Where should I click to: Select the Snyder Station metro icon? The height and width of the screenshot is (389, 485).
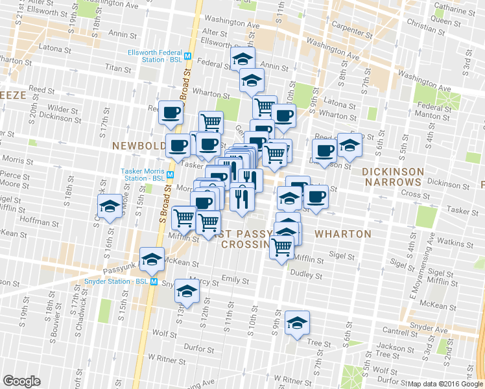pyautogui.click(x=154, y=281)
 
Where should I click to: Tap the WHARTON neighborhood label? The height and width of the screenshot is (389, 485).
pyautogui.click(x=343, y=233)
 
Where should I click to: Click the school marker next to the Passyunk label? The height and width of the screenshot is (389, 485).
pyautogui.click(x=152, y=259)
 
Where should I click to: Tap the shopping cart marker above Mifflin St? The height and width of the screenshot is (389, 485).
pyautogui.click(x=281, y=246)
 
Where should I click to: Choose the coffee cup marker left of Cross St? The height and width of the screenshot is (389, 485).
pyautogui.click(x=316, y=196)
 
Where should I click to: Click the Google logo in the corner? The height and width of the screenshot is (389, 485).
pyautogui.click(x=22, y=381)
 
